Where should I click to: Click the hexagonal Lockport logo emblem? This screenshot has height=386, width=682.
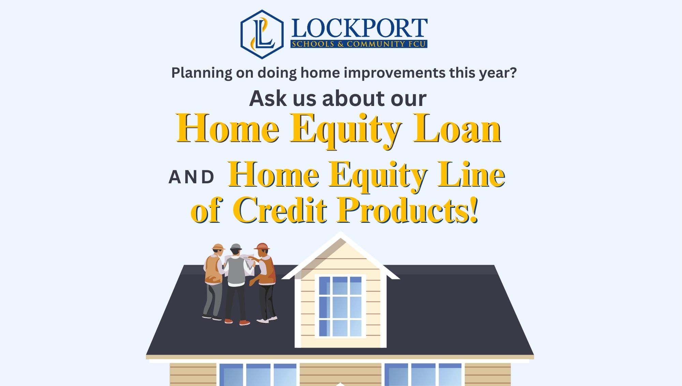262,34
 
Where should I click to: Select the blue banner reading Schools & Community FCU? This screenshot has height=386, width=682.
359,44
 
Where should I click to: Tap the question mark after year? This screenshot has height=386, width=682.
513,73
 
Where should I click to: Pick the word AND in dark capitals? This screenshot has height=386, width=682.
191,177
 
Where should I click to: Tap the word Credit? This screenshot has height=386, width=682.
280,210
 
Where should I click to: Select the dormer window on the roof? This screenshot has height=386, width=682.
340,306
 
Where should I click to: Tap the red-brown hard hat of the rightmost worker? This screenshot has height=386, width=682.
262,246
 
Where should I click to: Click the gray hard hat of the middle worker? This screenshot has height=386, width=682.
236,247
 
